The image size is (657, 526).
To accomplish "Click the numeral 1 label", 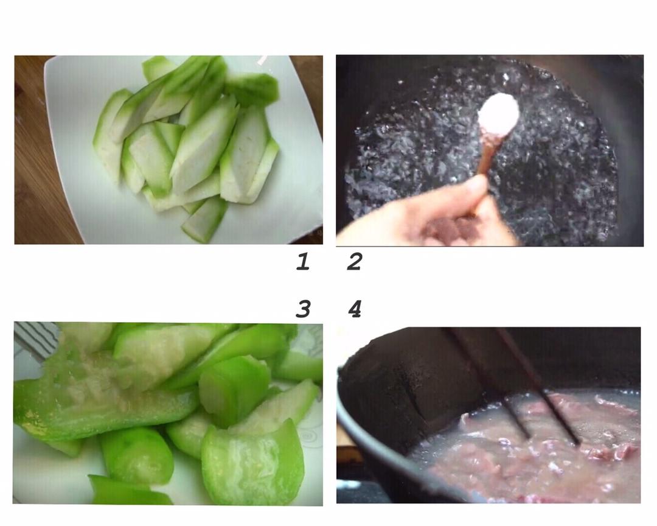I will click(x=302, y=262).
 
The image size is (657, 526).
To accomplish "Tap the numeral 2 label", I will click(x=354, y=262).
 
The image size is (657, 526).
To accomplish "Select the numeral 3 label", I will click(x=302, y=309).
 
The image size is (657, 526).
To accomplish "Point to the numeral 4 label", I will click(x=354, y=309).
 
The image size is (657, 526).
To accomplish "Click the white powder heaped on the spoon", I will click(x=499, y=112).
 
